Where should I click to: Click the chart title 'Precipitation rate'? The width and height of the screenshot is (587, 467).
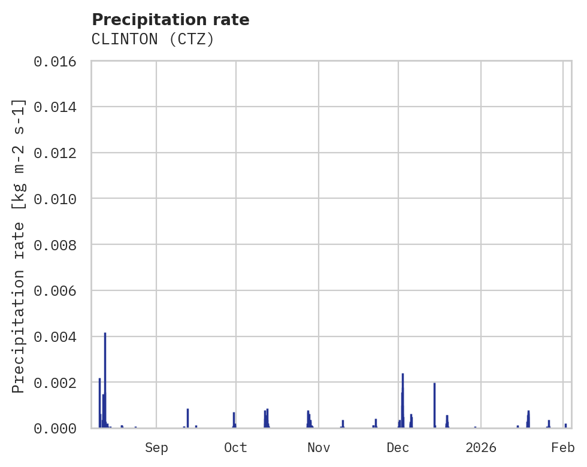[x=170, y=20]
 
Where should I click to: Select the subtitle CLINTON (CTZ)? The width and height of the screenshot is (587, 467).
[x=153, y=40]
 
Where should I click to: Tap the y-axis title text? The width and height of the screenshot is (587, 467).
[x=19, y=246]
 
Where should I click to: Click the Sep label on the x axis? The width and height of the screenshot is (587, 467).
[x=156, y=447]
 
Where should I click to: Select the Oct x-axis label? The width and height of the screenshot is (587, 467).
[x=236, y=447]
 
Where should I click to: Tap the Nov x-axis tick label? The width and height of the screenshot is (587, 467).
[x=319, y=447]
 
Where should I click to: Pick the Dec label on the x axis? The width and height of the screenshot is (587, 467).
[x=398, y=447]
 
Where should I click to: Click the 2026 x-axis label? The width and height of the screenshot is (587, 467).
[x=481, y=447]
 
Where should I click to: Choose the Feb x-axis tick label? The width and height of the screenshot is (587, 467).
[x=563, y=447]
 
